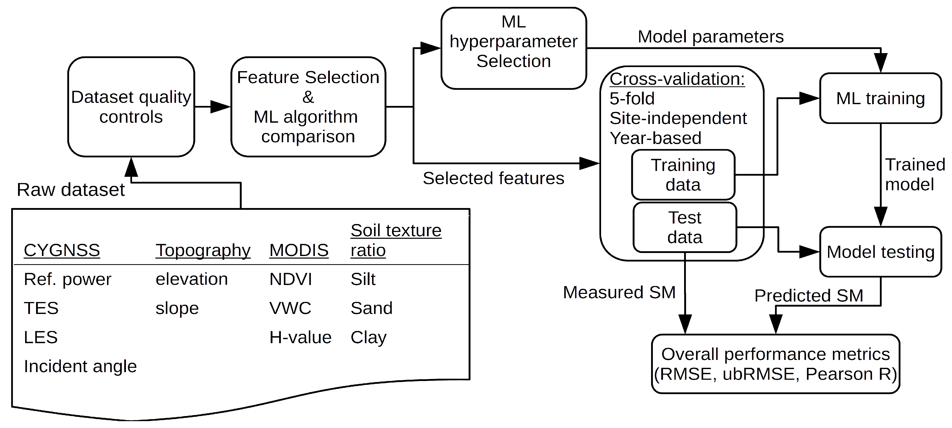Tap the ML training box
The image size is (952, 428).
click(880, 98)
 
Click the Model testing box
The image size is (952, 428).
click(880, 252)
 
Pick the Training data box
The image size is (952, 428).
click(683, 175)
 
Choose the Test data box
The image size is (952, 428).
click(684, 227)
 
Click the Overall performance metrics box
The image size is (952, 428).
click(775, 364)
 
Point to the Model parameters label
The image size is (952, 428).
click(710, 37)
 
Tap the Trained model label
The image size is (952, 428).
click(914, 175)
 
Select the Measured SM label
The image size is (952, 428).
click(619, 292)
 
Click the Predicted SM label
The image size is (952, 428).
click(809, 296)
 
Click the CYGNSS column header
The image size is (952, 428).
click(62, 250)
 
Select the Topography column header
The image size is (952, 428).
click(203, 250)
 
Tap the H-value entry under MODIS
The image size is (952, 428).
click(300, 337)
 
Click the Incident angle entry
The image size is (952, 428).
click(80, 366)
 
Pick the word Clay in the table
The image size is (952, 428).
click(368, 337)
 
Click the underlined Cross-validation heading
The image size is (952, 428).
click(677, 79)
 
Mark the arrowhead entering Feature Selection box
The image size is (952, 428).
click(221, 107)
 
